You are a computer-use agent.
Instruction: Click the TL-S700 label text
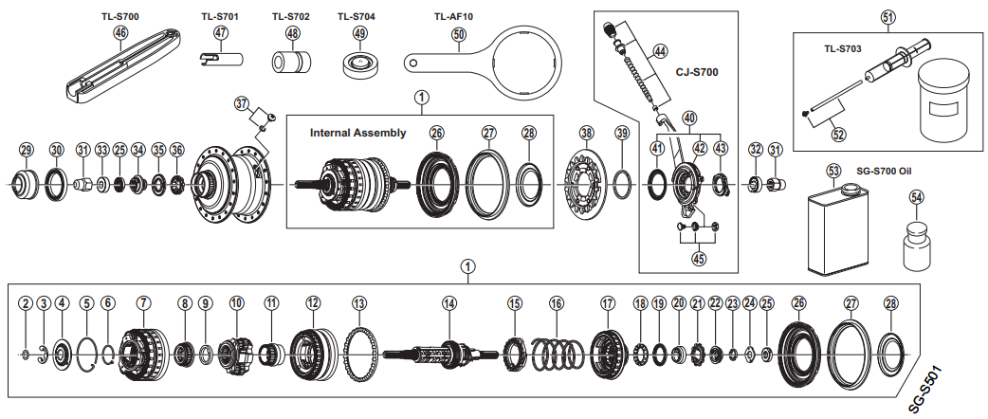coord(119,16)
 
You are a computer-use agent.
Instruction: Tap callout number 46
coord(120,33)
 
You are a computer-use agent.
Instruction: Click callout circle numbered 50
coord(459,34)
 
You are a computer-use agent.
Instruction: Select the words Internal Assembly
coord(357,133)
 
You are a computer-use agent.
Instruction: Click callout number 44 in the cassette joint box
coord(660,50)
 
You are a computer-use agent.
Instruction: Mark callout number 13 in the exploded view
coord(358,303)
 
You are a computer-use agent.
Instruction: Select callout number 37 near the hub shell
coord(241,102)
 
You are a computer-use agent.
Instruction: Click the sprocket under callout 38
coord(586,180)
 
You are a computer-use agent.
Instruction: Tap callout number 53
coord(833,172)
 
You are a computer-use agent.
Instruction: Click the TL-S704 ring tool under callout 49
coord(360,65)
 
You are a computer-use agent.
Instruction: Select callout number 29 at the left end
coord(27,149)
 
